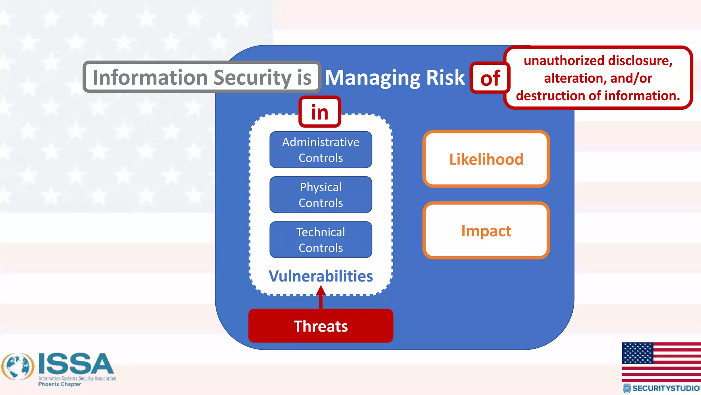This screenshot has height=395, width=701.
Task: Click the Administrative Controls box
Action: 321,150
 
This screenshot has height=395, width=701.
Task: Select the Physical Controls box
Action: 321,195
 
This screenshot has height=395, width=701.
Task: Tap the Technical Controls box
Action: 321,240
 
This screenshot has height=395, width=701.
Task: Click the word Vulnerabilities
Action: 321,276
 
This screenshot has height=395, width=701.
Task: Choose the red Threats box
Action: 321,326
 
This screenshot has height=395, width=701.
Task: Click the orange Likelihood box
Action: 486,159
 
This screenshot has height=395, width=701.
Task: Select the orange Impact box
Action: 486,230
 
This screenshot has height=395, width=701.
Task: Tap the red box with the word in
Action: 320,112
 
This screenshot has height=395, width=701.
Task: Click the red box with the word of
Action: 490,78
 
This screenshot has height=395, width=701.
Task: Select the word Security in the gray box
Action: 253,77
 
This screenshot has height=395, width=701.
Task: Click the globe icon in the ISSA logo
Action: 18,367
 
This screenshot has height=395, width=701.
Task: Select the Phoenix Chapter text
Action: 60,384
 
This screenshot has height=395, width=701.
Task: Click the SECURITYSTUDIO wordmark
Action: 665,388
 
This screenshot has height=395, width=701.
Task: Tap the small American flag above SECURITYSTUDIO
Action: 661,362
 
